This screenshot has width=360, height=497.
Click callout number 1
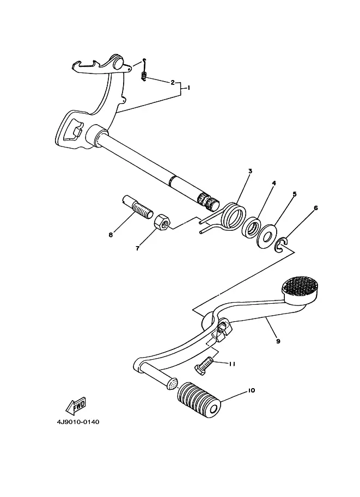188,88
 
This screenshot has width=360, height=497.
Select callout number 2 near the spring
173,83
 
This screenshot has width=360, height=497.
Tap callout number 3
250,171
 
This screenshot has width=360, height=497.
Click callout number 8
111,235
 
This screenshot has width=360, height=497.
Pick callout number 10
251,390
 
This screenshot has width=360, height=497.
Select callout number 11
232,364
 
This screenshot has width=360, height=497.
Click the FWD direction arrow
76,406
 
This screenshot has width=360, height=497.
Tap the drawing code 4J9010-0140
78,422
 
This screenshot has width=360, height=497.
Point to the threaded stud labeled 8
137,205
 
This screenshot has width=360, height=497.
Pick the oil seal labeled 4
251,226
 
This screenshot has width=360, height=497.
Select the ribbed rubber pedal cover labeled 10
199,400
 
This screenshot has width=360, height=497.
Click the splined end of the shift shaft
208,202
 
